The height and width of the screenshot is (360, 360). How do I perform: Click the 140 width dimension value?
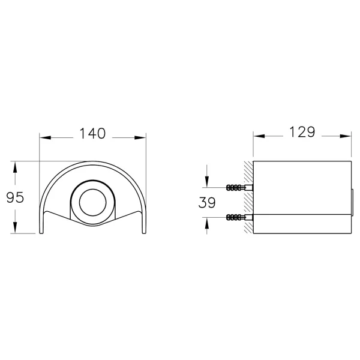92,133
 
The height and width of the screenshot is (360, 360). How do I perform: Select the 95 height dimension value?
15,197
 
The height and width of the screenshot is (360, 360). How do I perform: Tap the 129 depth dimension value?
302,132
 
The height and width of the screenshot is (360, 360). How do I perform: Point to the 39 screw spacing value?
207,203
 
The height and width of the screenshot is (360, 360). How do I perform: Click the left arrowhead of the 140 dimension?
45,138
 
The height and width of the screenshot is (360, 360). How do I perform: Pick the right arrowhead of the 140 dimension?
140,138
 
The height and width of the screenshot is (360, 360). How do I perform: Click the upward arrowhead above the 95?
15,167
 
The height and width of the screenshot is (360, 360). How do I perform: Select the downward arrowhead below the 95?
15,228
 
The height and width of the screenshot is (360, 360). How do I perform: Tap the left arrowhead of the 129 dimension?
259,136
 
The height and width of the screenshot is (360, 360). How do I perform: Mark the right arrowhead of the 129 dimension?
346,136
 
